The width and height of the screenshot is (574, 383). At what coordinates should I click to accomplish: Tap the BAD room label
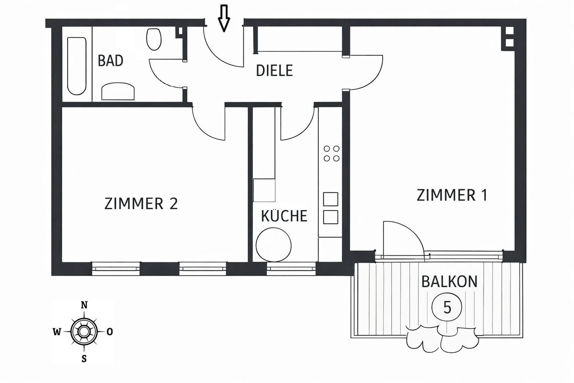(111, 61)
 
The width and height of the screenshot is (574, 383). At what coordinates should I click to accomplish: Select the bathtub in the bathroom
(77, 66)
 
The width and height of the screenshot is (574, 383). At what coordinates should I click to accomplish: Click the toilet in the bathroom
(154, 39)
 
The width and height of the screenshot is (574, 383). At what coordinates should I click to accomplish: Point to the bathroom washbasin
(118, 91)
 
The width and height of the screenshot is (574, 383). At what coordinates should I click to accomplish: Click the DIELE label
(274, 71)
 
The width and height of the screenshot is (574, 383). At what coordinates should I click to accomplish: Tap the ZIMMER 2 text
(141, 204)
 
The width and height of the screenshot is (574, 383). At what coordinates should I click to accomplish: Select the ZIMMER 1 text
(452, 195)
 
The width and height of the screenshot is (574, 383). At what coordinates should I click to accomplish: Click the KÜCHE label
(284, 216)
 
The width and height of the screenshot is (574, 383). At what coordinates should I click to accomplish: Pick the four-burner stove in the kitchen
(331, 154)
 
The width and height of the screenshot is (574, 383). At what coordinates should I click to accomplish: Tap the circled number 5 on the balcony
(447, 307)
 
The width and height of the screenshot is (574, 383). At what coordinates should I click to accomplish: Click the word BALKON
(449, 282)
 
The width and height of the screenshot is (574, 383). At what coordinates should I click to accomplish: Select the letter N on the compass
(84, 305)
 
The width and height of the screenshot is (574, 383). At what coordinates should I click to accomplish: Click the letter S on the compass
(84, 359)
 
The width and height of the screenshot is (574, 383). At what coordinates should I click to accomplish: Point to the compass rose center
(84, 332)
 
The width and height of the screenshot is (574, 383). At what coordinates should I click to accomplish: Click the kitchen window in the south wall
(291, 269)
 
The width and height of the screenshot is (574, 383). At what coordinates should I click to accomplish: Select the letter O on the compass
(110, 332)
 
